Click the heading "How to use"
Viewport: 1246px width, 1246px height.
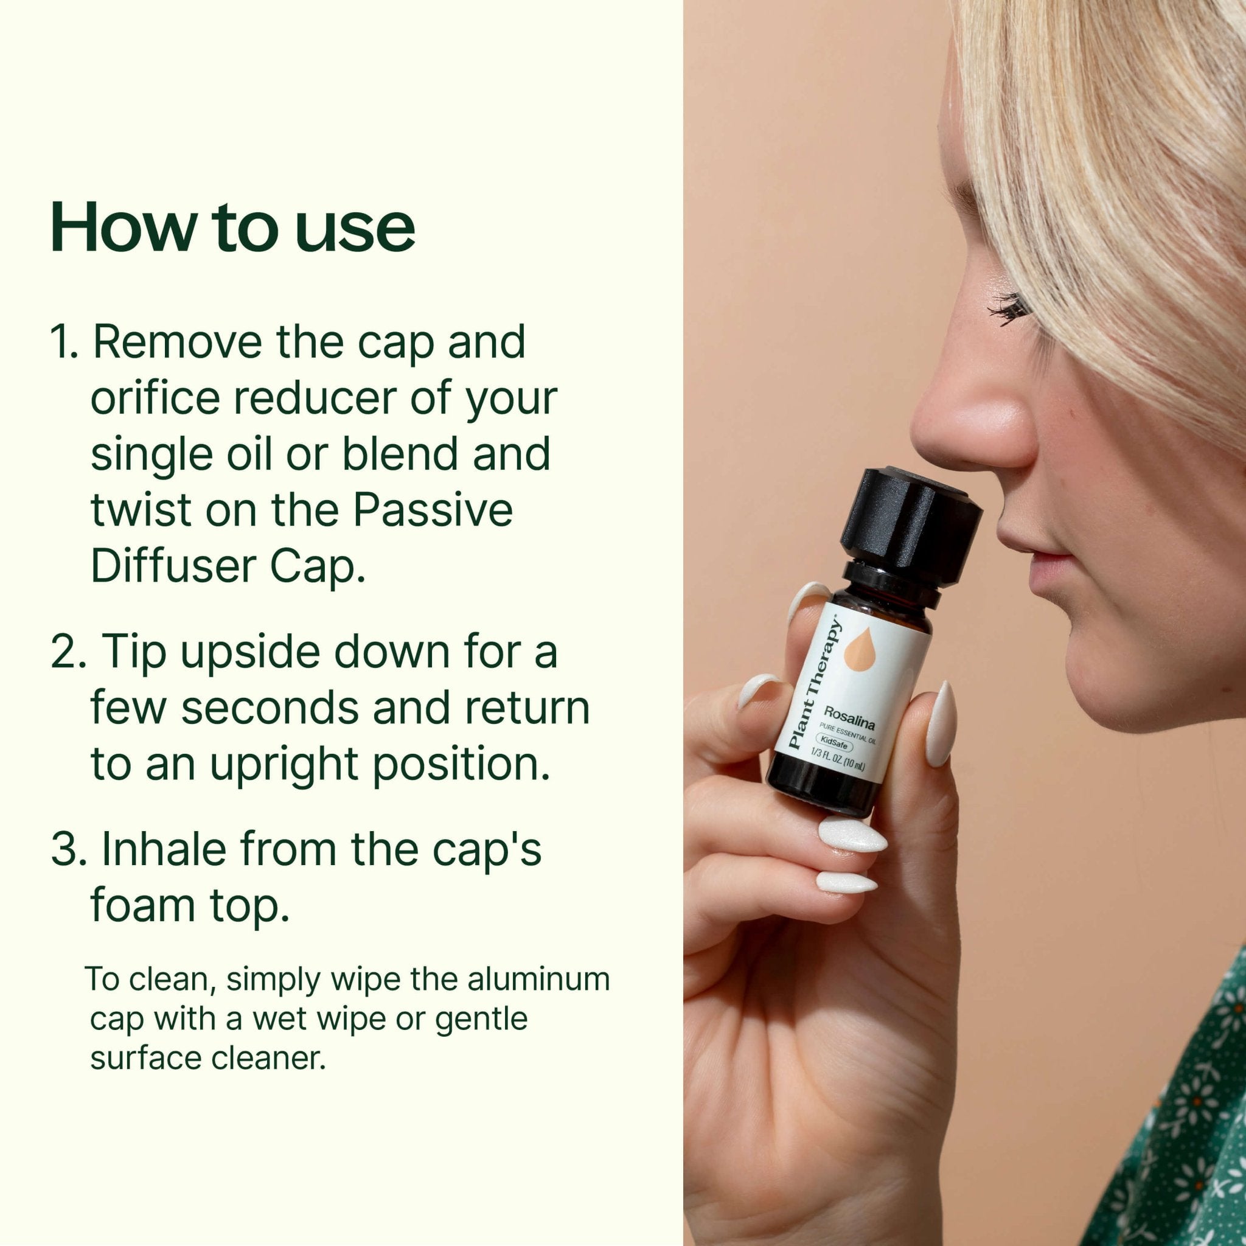coord(232,227)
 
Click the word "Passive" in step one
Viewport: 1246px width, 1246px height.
coord(433,510)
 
